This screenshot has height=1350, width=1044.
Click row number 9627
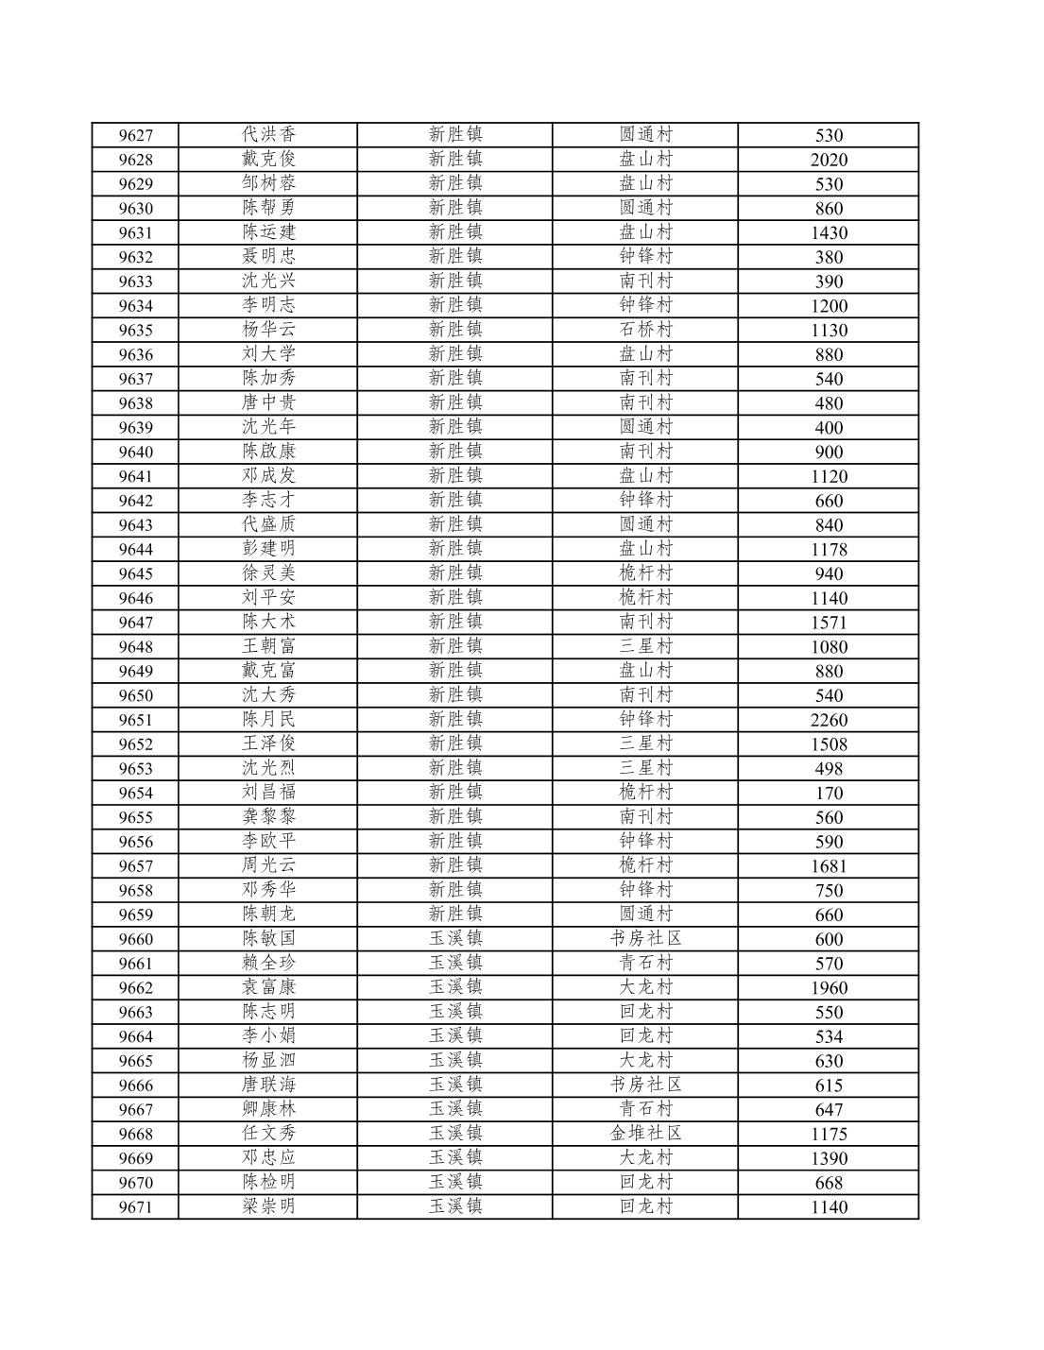[x=135, y=135]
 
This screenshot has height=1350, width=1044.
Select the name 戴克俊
[x=268, y=159]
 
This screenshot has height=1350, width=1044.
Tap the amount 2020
[x=829, y=160]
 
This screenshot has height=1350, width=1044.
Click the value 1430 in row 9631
[x=829, y=232]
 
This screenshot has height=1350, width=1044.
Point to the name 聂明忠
[x=268, y=256]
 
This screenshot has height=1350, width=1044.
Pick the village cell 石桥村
[x=645, y=330]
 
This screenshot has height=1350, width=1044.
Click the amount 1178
[x=829, y=549]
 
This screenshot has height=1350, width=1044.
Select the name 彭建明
[x=268, y=548]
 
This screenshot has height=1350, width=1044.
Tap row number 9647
[x=135, y=623]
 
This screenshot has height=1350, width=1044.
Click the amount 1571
[x=829, y=623]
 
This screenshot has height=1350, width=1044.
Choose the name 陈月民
[x=268, y=719]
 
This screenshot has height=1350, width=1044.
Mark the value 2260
[x=829, y=720]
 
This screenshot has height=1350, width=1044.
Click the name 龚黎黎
[x=268, y=816]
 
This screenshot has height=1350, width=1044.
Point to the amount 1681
[x=829, y=866]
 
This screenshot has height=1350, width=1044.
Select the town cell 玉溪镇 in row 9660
[x=455, y=938]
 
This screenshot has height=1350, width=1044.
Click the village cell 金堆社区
[x=645, y=1133]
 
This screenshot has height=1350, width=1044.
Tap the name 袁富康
[x=268, y=986]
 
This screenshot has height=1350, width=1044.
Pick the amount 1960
[x=829, y=988]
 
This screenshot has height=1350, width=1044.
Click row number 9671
[x=135, y=1207]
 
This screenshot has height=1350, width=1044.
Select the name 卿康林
[x=268, y=1108]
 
